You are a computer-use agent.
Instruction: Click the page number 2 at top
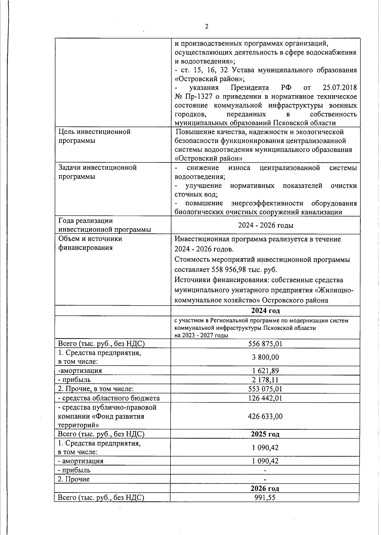(x=207, y=27)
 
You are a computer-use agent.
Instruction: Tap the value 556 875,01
(x=265, y=344)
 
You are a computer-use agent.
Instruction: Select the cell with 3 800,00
(x=265, y=357)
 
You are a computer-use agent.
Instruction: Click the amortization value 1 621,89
(x=265, y=371)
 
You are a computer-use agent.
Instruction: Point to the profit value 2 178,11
(x=265, y=380)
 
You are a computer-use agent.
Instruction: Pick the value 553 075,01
(x=265, y=389)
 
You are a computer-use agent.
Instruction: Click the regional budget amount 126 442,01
(x=265, y=398)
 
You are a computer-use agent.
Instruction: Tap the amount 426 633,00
(x=265, y=416)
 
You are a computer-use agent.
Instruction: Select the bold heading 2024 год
(x=265, y=310)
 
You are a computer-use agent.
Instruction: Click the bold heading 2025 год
(x=265, y=434)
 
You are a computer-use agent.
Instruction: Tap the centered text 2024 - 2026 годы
(x=265, y=225)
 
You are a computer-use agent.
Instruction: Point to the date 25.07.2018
(x=339, y=88)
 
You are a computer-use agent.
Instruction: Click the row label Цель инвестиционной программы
(x=94, y=136)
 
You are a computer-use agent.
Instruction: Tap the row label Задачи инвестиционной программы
(x=97, y=172)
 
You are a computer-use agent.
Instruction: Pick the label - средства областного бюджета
(x=109, y=398)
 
